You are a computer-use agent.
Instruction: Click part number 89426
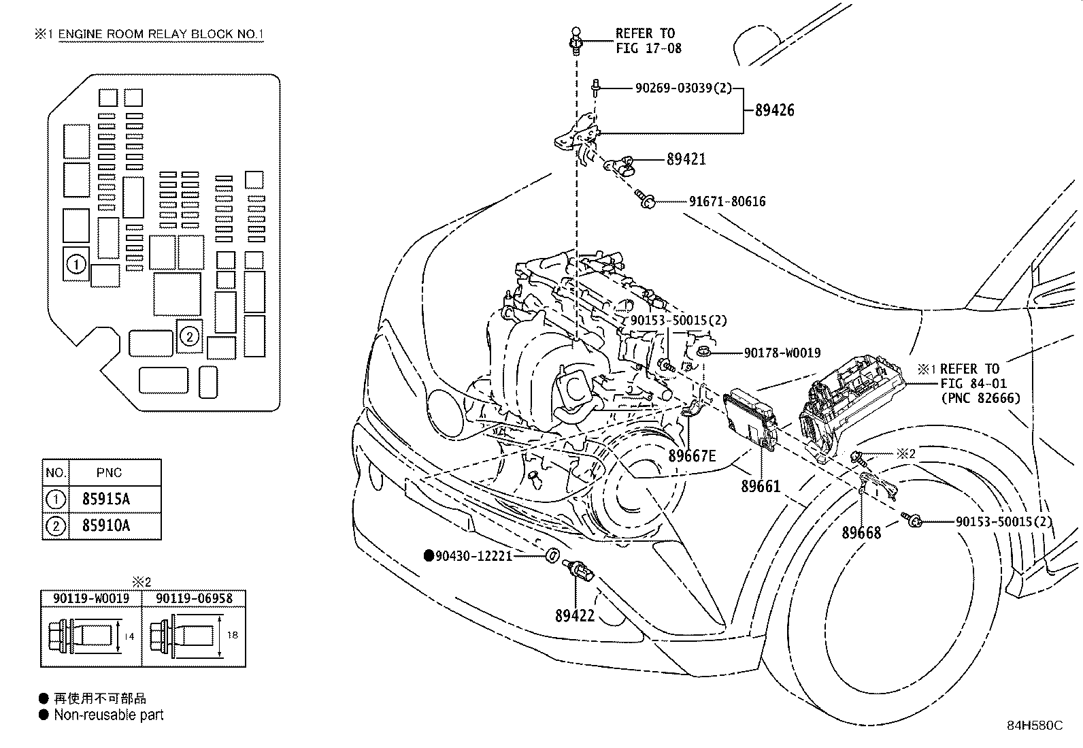774,110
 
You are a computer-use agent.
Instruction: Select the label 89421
686,159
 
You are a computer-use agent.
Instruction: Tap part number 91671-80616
727,201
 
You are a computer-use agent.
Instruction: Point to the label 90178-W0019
782,353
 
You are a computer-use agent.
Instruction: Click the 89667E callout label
692,456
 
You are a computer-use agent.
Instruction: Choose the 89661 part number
761,486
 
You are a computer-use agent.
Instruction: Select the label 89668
861,533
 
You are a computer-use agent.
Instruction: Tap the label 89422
574,615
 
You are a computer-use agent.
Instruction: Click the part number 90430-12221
473,556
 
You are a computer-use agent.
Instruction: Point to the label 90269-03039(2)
684,88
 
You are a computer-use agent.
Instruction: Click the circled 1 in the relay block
76,264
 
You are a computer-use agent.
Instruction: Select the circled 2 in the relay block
190,336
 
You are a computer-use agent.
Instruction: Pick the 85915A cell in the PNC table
106,499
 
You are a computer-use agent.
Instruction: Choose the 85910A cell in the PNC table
106,525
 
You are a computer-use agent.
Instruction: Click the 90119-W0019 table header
91,598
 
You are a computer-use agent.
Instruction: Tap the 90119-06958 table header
194,598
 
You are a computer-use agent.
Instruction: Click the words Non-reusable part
109,715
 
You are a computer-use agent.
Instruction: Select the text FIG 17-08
648,48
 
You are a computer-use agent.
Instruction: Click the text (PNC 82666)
981,398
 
